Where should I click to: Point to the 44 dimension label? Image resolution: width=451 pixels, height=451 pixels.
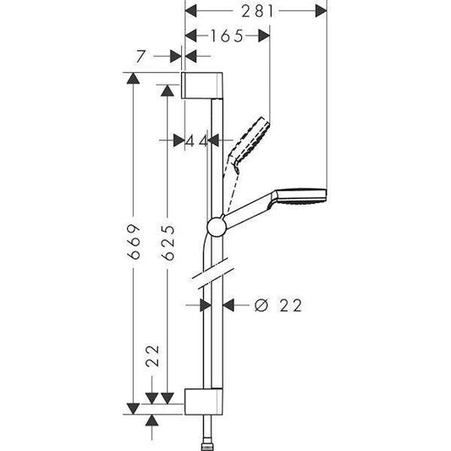click(197, 140)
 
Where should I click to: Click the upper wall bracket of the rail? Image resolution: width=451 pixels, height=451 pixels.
click(204, 86)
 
